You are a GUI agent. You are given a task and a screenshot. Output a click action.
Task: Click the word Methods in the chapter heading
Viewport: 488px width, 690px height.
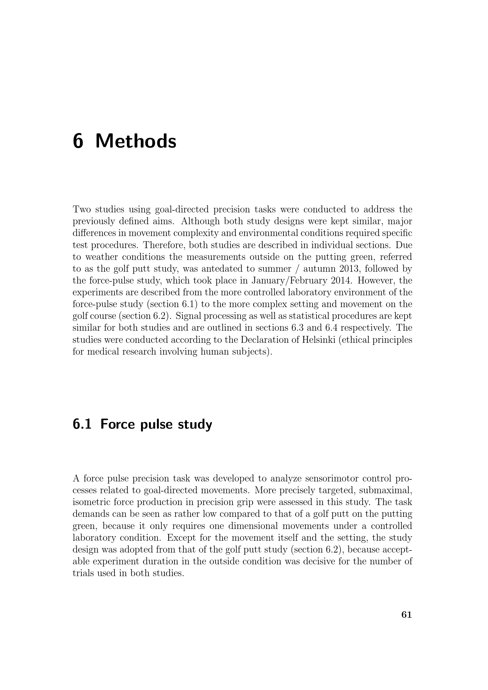pos(136,141)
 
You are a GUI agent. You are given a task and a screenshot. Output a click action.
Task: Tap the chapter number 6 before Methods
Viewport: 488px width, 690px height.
pos(78,141)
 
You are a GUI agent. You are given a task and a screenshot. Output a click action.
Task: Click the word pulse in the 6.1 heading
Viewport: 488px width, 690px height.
pos(156,424)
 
